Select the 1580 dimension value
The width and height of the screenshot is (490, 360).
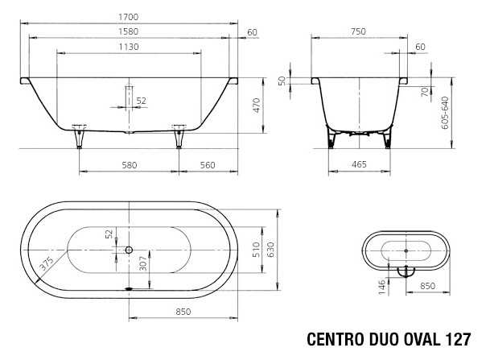pyautogui.click(x=130, y=31)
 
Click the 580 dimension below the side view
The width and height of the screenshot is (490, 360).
pyautogui.click(x=128, y=164)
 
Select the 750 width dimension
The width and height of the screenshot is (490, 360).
pyautogui.click(x=359, y=31)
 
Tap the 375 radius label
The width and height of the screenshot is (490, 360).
pyautogui.click(x=47, y=264)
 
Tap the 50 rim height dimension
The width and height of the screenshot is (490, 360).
pyautogui.click(x=282, y=81)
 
